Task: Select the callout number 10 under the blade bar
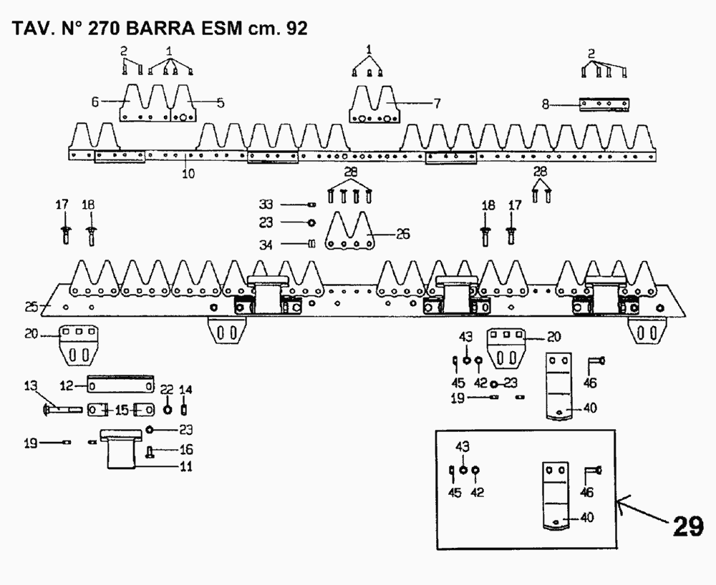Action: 188,173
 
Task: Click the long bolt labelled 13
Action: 64,411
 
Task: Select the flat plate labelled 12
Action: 120,385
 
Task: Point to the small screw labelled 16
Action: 151,451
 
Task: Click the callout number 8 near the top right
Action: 546,104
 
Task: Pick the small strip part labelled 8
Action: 605,104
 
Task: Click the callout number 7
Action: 436,103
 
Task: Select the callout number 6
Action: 95,102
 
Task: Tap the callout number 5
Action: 220,102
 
